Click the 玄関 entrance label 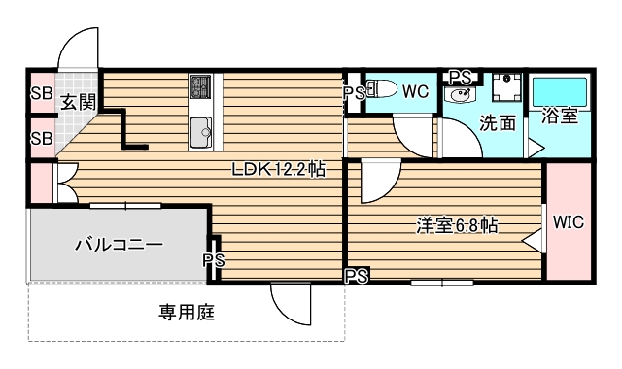pyautogui.click(x=80, y=99)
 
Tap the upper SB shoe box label pyautogui.click(x=41, y=94)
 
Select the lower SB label pyautogui.click(x=41, y=137)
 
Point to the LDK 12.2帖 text pyautogui.click(x=277, y=169)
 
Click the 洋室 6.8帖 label pyautogui.click(x=457, y=225)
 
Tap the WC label pyautogui.click(x=415, y=92)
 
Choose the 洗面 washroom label pyautogui.click(x=498, y=123)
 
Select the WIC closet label pyautogui.click(x=568, y=221)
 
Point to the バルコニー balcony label pyautogui.click(x=119, y=245)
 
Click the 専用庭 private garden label pyautogui.click(x=187, y=313)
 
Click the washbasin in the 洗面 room pyautogui.click(x=460, y=95)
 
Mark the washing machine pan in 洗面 pyautogui.click(x=505, y=88)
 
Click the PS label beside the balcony pyautogui.click(x=214, y=259)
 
